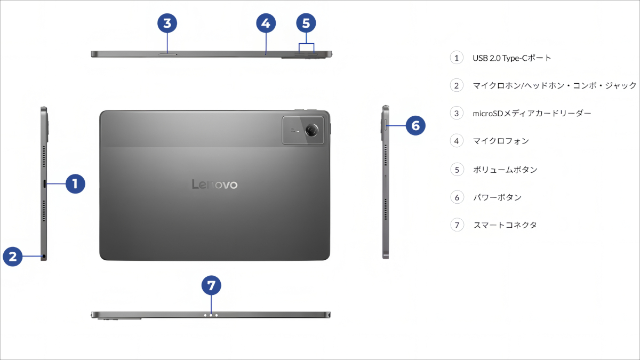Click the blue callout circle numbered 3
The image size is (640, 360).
167,23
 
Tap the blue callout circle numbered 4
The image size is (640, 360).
266,23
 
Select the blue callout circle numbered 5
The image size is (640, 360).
306,23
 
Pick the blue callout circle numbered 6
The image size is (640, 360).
415,125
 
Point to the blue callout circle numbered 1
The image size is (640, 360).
75,183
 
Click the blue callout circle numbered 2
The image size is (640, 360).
13,257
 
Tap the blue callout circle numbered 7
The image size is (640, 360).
211,285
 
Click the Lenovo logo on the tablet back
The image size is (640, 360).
214,185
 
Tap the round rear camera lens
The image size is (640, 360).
311,130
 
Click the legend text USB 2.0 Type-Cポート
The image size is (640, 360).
511,58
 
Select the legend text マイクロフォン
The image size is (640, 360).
501,141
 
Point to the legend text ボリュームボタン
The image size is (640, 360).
505,170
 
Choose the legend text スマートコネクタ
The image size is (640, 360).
505,225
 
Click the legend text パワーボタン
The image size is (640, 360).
497,197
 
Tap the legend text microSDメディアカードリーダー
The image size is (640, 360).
532,114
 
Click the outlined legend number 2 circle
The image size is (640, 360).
457,85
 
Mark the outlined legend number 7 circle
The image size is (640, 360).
457,225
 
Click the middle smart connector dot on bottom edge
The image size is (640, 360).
211,315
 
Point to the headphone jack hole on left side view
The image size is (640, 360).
44,257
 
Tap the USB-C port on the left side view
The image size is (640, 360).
45,183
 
